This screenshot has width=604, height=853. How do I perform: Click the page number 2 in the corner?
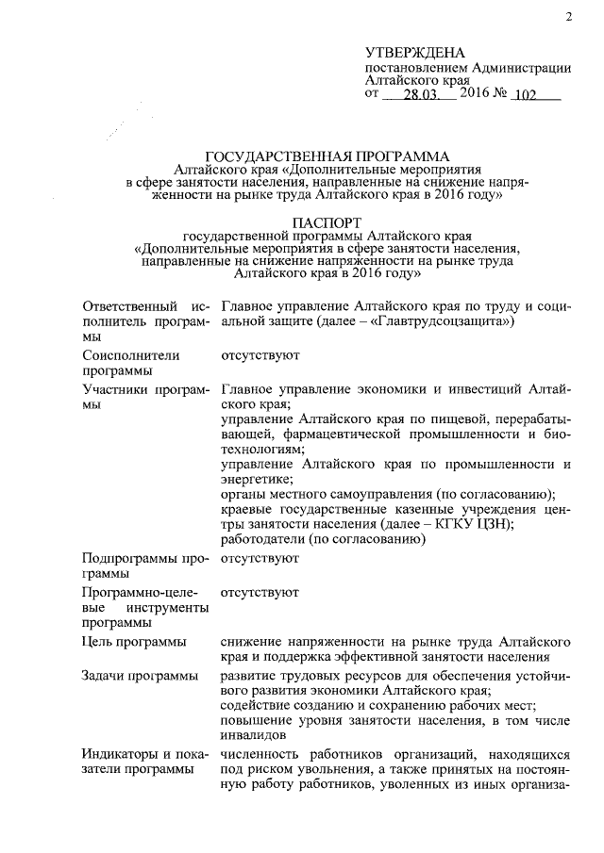(x=569, y=16)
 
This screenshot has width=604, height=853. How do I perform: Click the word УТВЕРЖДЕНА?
(x=411, y=51)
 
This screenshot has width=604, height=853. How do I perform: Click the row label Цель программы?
(x=133, y=641)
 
